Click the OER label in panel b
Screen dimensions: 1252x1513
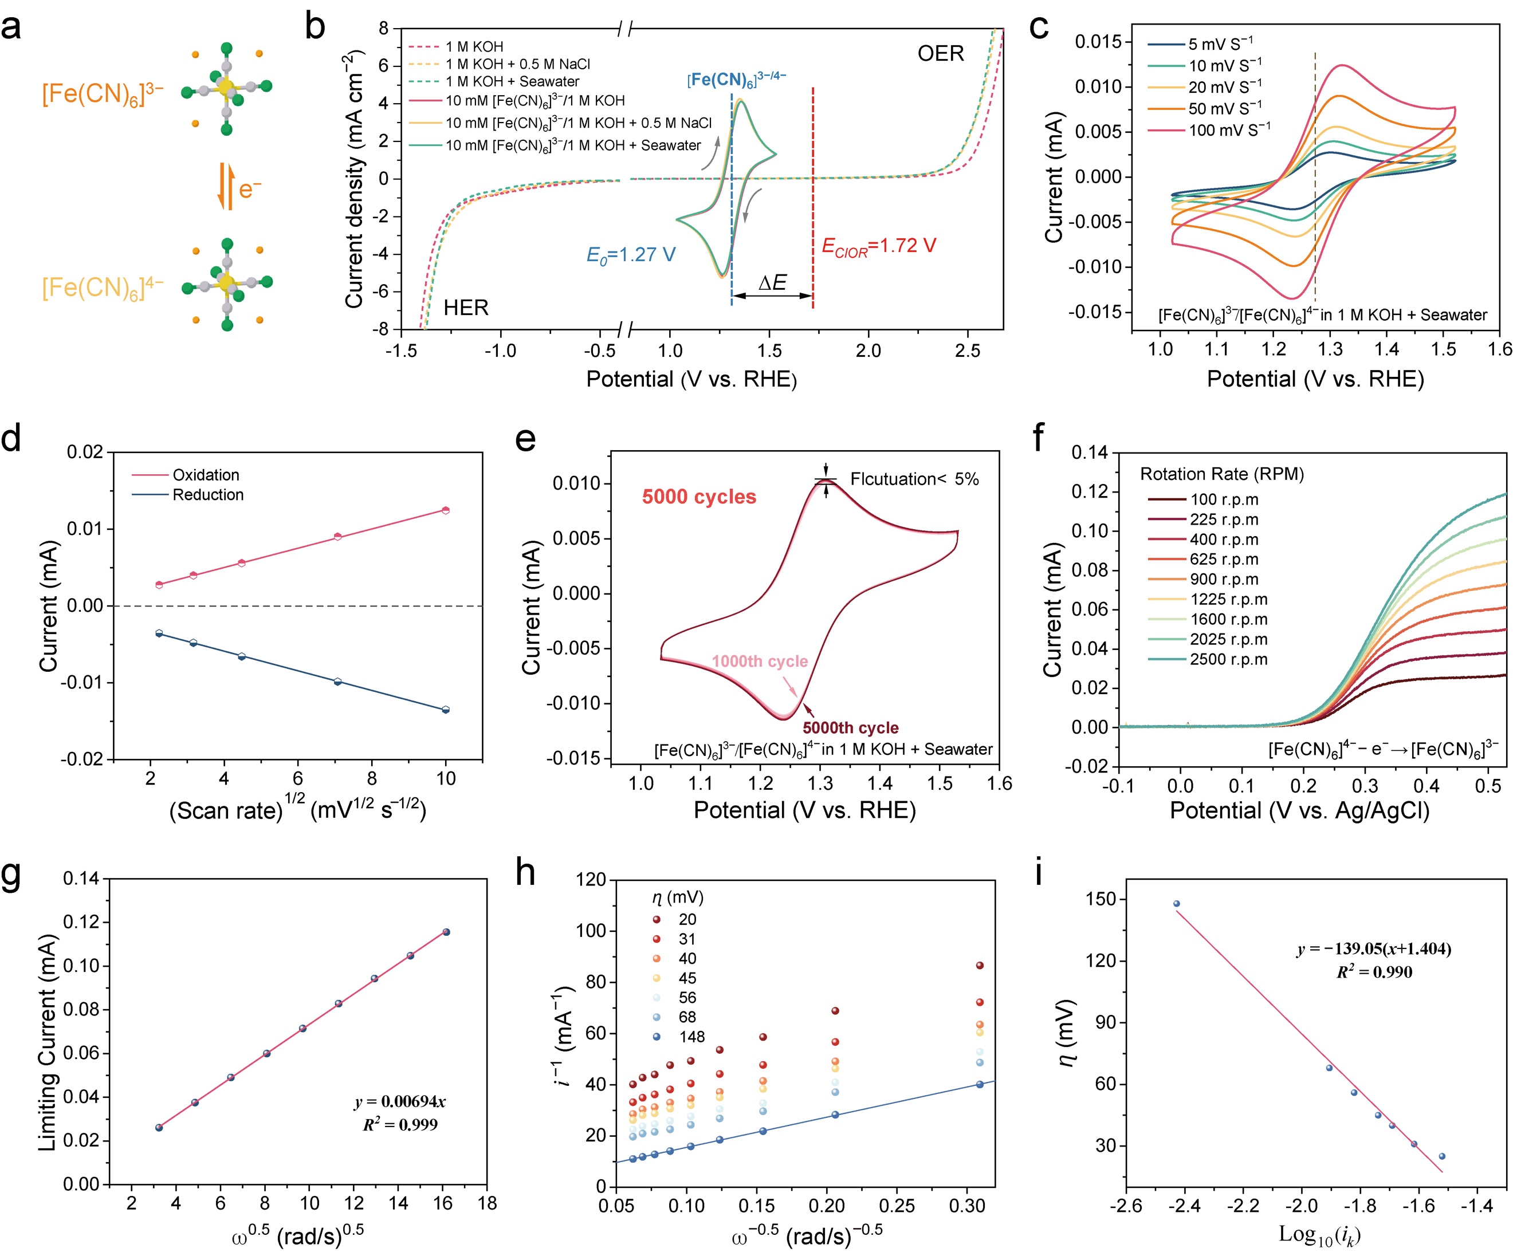[x=940, y=54]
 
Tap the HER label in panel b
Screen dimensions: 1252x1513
[x=465, y=308]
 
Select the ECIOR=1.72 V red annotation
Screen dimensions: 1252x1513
[x=878, y=246]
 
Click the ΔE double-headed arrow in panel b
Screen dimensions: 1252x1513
[x=772, y=296]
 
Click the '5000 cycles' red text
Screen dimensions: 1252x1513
[x=699, y=497]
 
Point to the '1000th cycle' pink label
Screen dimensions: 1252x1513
[x=760, y=662]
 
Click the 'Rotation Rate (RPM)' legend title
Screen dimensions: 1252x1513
[x=1221, y=474]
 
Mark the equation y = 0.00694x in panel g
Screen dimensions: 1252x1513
[x=399, y=1101]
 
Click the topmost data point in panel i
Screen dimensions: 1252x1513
[x=1177, y=904]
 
